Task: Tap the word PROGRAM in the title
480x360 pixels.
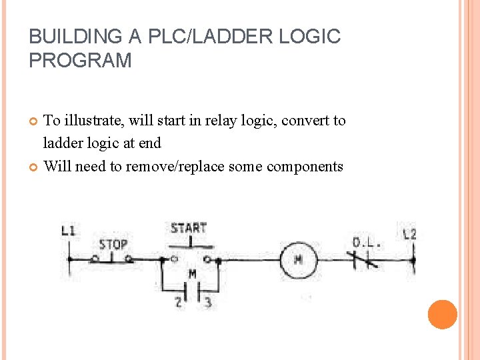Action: click(x=80, y=61)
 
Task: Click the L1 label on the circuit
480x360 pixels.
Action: click(x=69, y=231)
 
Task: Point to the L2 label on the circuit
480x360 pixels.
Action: click(x=409, y=233)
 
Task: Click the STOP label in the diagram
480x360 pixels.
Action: click(x=113, y=244)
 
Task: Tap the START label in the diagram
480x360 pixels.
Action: click(x=188, y=229)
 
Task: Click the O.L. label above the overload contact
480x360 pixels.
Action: click(x=367, y=243)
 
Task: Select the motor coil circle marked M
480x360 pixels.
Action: click(x=297, y=259)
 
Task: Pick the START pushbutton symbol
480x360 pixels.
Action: click(x=191, y=257)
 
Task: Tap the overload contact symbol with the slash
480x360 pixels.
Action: click(x=365, y=260)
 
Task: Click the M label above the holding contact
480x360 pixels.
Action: click(x=192, y=274)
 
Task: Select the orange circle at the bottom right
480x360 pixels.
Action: click(x=442, y=315)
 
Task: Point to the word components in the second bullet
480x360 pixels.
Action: click(x=305, y=166)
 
